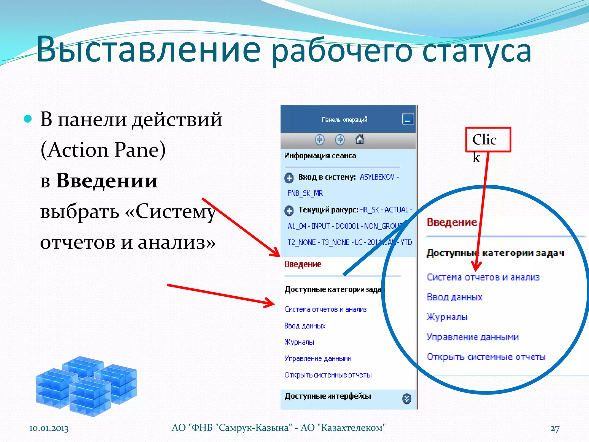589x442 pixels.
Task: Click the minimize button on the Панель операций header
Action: click(408, 119)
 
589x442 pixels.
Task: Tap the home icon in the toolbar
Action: click(359, 140)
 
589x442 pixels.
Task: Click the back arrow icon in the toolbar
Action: click(320, 140)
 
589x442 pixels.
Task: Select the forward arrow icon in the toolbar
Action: click(340, 140)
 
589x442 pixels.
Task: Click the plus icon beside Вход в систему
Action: click(289, 178)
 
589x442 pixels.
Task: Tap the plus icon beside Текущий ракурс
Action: click(289, 211)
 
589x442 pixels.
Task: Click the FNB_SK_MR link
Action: click(305, 193)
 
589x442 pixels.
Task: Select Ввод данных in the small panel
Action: click(305, 326)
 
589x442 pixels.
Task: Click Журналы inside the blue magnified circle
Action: click(447, 317)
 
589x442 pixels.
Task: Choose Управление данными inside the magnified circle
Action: click(473, 337)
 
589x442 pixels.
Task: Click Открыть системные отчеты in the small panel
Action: click(328, 375)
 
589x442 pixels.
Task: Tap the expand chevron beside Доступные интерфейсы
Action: click(406, 399)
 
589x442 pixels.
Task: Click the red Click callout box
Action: click(488, 140)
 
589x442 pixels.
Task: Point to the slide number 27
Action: click(555, 428)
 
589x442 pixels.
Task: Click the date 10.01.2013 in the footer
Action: click(49, 428)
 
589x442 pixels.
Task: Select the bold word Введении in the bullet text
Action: click(107, 181)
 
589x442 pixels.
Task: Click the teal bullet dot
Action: click(28, 119)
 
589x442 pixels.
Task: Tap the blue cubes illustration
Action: click(86, 386)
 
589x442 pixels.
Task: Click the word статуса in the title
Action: click(477, 51)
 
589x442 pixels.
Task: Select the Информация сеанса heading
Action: click(320, 156)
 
